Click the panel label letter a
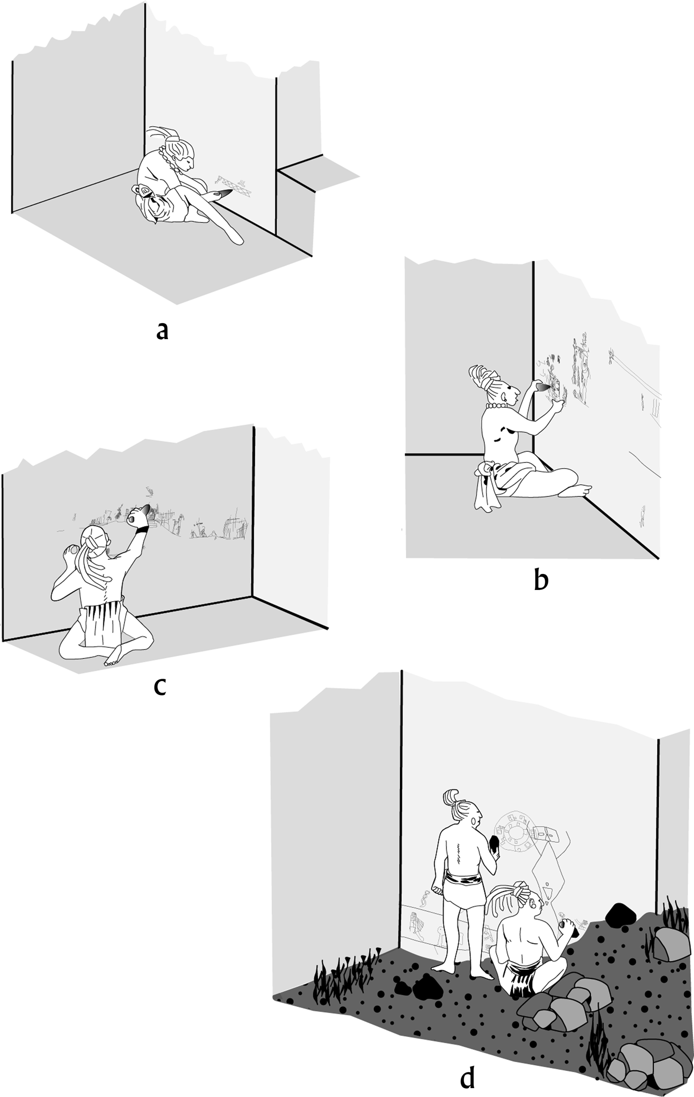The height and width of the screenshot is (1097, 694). click(162, 331)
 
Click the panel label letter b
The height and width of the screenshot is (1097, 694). click(541, 580)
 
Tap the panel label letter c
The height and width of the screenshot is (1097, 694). click(160, 686)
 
